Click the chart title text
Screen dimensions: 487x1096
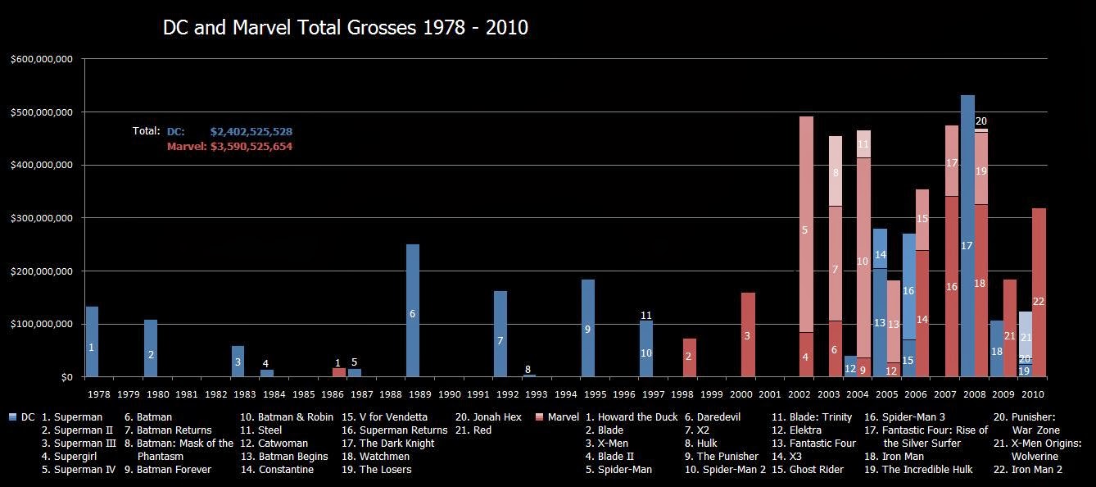pyautogui.click(x=345, y=28)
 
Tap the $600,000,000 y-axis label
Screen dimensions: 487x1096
pyautogui.click(x=43, y=59)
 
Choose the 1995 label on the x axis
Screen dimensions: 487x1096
pyautogui.click(x=588, y=394)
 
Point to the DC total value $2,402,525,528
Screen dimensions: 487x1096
pyautogui.click(x=251, y=131)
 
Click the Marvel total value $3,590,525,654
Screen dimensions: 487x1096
pyautogui.click(x=251, y=147)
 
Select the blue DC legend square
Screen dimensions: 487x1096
pyautogui.click(x=11, y=417)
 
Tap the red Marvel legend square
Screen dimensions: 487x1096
pyautogui.click(x=538, y=417)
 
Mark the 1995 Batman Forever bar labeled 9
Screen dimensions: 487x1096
pyautogui.click(x=588, y=328)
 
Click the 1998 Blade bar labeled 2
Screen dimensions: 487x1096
pyautogui.click(x=689, y=357)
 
